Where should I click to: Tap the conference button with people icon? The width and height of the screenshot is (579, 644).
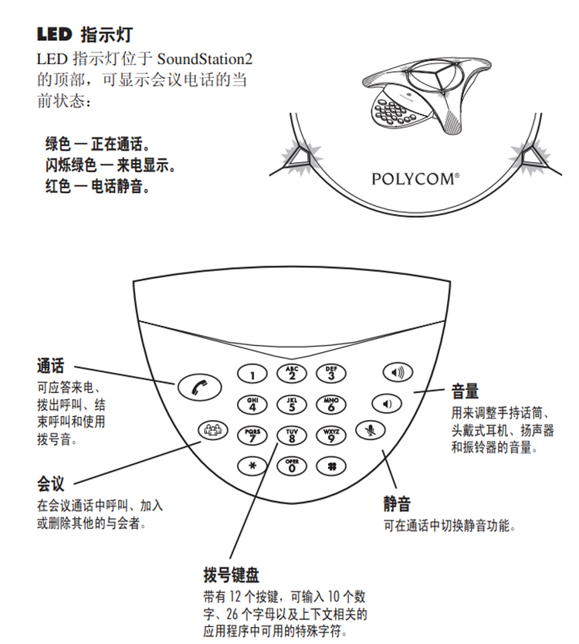pyautogui.click(x=212, y=431)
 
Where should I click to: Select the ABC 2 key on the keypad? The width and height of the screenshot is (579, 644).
pyautogui.click(x=291, y=374)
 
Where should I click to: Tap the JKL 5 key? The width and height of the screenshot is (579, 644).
pyautogui.click(x=291, y=403)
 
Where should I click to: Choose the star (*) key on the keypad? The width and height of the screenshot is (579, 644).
pyautogui.click(x=251, y=466)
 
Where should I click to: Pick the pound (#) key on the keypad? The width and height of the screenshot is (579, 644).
pyautogui.click(x=331, y=466)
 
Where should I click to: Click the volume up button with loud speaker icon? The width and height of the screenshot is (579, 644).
pyautogui.click(x=398, y=373)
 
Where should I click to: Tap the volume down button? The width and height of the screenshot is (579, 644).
pyautogui.click(x=388, y=403)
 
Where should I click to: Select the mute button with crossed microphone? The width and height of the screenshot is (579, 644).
pyautogui.click(x=371, y=431)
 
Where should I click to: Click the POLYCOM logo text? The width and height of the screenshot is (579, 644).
pyautogui.click(x=415, y=179)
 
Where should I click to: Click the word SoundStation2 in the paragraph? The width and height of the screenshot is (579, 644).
pyautogui.click(x=206, y=58)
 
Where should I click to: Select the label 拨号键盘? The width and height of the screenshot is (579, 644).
pyautogui.click(x=231, y=575)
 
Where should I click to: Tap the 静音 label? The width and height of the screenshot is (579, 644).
pyautogui.click(x=398, y=504)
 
